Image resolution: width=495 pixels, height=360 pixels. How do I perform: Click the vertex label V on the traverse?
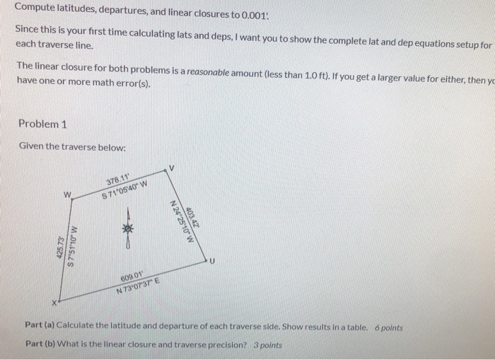[x=170, y=168]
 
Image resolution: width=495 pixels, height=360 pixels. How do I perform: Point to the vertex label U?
[x=209, y=262]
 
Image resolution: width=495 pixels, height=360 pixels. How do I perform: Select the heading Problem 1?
[x=42, y=124]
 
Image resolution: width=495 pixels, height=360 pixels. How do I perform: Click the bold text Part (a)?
[x=40, y=329]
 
